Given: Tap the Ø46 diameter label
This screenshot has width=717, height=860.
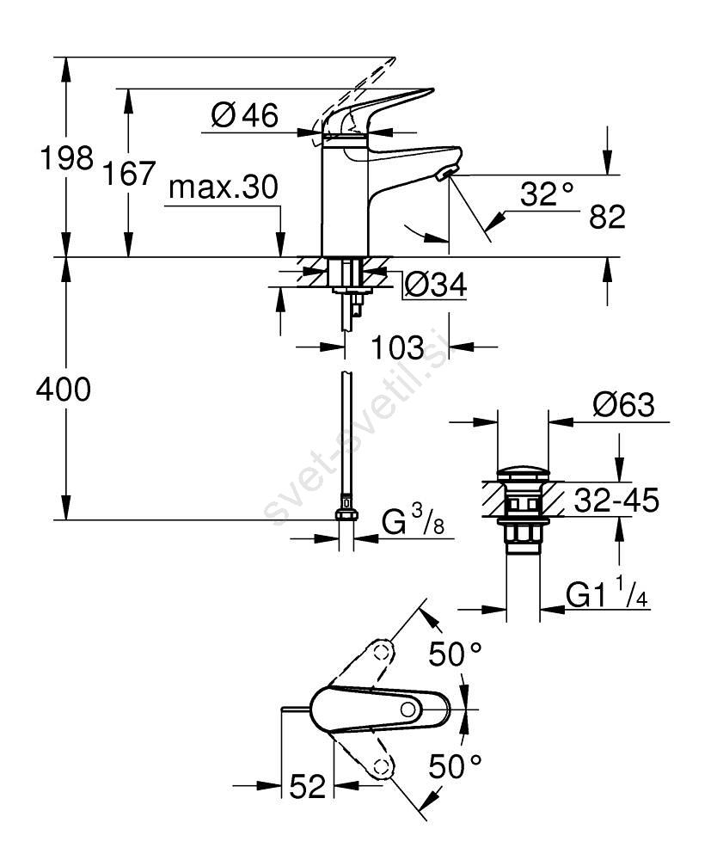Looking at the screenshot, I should tap(244, 114).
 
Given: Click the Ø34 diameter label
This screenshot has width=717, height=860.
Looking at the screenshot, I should tap(435, 285).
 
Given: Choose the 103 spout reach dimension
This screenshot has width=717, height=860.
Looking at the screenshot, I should tap(398, 347).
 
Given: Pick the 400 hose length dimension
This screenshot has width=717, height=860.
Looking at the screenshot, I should tap(63, 390).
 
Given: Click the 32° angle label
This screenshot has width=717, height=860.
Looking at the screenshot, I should tap(547, 193).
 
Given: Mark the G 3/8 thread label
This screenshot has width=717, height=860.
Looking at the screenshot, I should tap(414, 522).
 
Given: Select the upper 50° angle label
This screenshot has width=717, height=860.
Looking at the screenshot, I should tap(456, 655).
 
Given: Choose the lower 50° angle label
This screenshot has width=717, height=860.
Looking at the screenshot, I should tap(456, 763).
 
